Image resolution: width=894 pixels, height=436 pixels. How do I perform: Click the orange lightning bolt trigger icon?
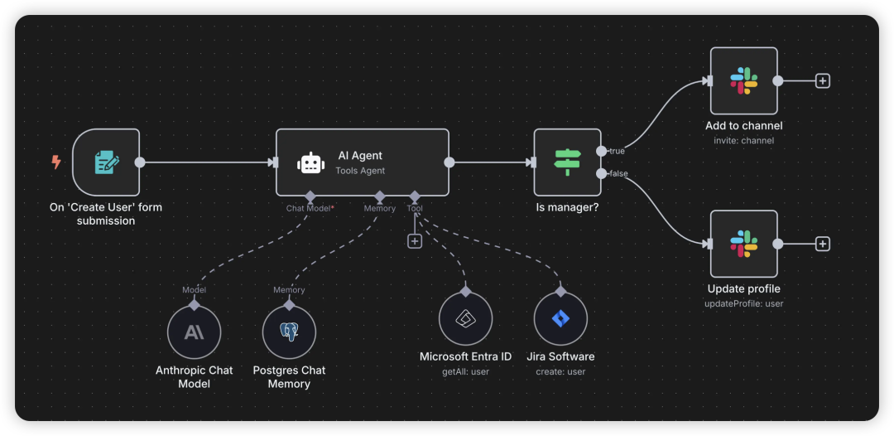click(56, 162)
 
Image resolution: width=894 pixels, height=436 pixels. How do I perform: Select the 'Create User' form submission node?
click(106, 162)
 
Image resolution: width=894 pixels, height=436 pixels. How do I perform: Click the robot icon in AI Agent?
click(310, 162)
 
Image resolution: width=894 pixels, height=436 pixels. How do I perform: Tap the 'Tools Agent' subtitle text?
click(360, 170)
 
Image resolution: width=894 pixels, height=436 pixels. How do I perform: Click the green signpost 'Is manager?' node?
click(567, 162)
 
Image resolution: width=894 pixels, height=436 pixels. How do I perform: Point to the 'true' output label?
click(617, 151)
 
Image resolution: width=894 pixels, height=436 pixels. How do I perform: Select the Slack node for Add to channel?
click(744, 81)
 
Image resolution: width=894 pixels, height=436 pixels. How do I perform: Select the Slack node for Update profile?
click(744, 244)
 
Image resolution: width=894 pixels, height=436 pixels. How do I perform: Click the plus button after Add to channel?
click(822, 81)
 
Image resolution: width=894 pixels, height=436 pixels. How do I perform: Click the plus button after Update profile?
click(822, 245)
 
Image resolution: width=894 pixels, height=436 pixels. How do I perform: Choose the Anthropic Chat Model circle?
click(194, 332)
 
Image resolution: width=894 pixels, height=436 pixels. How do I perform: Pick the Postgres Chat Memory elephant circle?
click(289, 332)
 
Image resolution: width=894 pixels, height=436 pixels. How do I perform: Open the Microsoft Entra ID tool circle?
click(466, 319)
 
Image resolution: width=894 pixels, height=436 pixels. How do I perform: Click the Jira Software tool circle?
click(560, 319)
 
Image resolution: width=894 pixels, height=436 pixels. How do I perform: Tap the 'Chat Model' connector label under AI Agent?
click(309, 208)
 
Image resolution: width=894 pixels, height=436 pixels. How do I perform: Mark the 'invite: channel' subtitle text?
click(744, 140)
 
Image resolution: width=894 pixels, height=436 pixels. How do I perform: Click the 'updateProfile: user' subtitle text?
click(744, 303)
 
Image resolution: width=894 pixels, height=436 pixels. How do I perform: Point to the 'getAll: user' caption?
click(466, 372)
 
